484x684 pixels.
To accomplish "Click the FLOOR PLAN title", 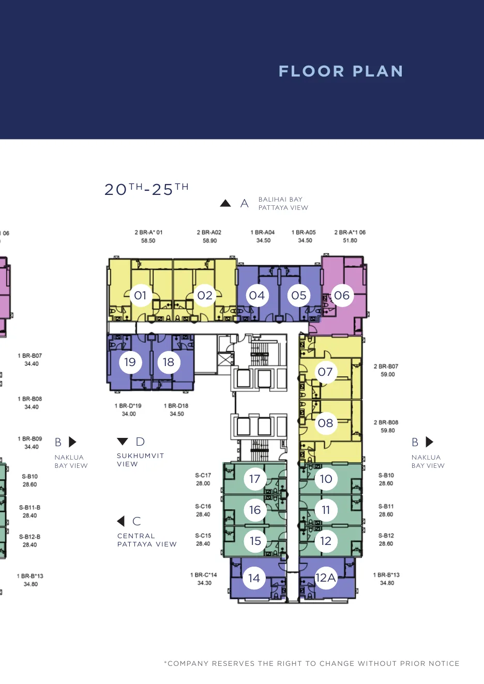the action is pos(341,71).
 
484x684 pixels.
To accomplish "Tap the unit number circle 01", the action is pos(140,295).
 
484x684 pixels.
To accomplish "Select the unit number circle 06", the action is pos(342,295).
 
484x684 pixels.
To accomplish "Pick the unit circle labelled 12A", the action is pos(326,577).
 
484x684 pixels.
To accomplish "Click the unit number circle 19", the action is pos(130,362).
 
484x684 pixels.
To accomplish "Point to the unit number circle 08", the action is pos(326,423).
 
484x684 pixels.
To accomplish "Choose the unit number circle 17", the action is pos(255,479).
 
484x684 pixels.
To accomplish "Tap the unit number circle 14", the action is pos(254,577).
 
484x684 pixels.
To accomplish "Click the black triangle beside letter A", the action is pos(225,203).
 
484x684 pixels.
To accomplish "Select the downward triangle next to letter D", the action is pos(123,442).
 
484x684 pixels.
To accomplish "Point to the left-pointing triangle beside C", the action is pos(121,521).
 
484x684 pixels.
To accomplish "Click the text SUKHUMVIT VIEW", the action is pos(141,460).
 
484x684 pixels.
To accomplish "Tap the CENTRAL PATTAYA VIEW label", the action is pos(147,540).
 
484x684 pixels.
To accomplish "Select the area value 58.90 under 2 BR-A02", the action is pos(210,240).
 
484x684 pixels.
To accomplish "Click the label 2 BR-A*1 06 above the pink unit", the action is pos(350,232).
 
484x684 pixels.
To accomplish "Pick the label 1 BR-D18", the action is pos(176,406).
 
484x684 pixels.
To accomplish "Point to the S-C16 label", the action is pos(203,506).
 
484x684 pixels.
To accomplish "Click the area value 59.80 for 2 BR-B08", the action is pos(388,431).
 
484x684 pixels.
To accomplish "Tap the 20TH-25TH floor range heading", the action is pos(146,189).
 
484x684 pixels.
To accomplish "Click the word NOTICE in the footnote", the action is pos(444,663).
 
